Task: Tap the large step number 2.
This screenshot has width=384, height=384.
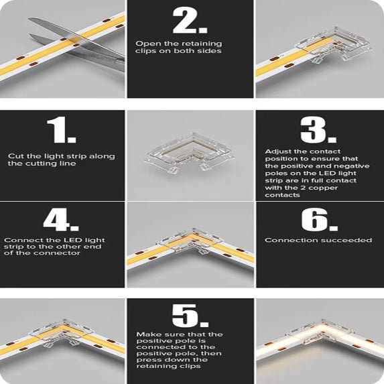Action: [190, 21]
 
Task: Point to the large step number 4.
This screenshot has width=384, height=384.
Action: [61, 219]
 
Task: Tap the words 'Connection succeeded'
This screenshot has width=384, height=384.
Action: [318, 240]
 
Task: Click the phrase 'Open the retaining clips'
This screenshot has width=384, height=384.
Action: [172, 44]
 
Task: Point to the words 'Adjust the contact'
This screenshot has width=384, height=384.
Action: [296, 151]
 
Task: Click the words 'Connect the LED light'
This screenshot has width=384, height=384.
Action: [54, 240]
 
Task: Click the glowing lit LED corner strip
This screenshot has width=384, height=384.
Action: [320, 341]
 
